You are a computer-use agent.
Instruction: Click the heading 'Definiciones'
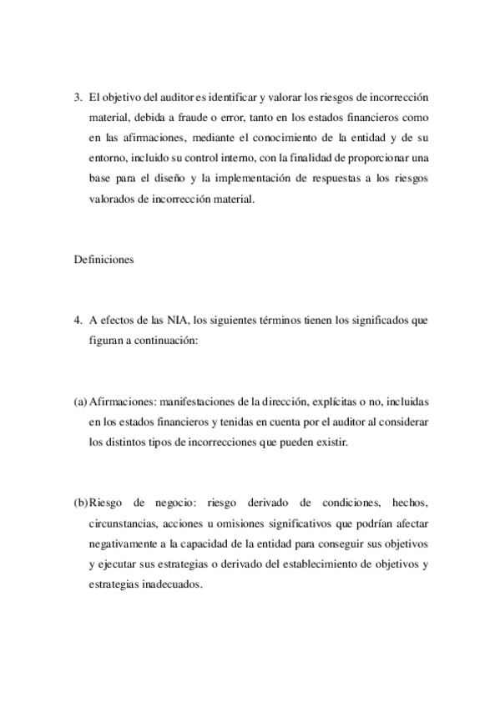pos(104,260)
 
